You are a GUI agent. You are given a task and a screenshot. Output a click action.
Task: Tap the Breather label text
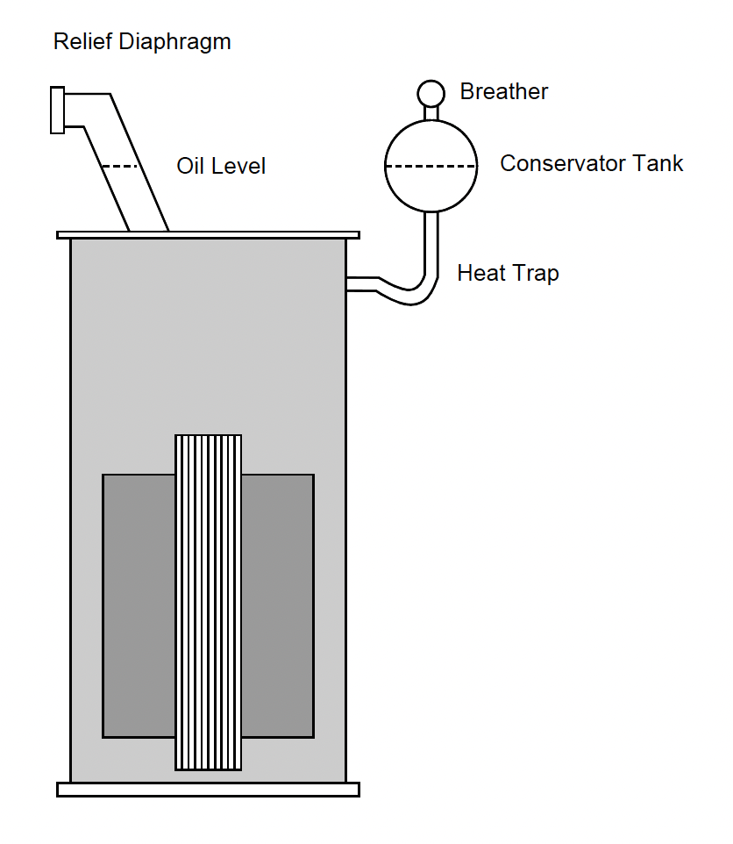pyautogui.click(x=504, y=92)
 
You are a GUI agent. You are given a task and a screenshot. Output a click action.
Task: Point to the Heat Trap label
pyautogui.click(x=508, y=274)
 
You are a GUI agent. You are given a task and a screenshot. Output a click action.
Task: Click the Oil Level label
pyautogui.click(x=221, y=166)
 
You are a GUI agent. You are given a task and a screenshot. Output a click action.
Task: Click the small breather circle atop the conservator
pyautogui.click(x=431, y=92)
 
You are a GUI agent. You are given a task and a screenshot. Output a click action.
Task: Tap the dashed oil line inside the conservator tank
pyautogui.click(x=431, y=166)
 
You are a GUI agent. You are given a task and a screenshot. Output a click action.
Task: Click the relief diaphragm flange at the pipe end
pyautogui.click(x=57, y=111)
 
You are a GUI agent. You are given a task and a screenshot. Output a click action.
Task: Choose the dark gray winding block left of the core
pyautogui.click(x=139, y=605)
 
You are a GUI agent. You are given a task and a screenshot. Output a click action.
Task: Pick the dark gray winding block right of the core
pyautogui.click(x=277, y=605)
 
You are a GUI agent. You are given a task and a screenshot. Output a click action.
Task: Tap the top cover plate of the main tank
pyautogui.click(x=208, y=235)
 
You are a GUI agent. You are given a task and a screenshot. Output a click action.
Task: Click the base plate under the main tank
pyautogui.click(x=208, y=789)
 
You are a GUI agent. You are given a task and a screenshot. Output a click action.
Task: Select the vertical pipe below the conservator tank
pyautogui.click(x=431, y=241)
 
